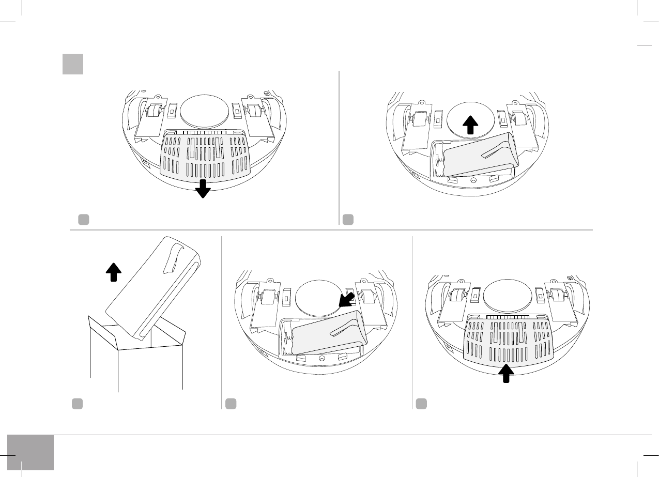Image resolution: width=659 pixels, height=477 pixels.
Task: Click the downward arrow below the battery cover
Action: (203, 189)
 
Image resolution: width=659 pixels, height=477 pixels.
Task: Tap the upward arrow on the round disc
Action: (470, 126)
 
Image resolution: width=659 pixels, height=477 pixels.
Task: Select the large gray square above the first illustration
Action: (73, 65)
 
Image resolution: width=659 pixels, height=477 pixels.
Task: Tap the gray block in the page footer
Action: (30, 453)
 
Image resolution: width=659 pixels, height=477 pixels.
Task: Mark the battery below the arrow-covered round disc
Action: (478, 155)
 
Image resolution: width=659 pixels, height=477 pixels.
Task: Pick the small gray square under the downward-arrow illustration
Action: (84, 219)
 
